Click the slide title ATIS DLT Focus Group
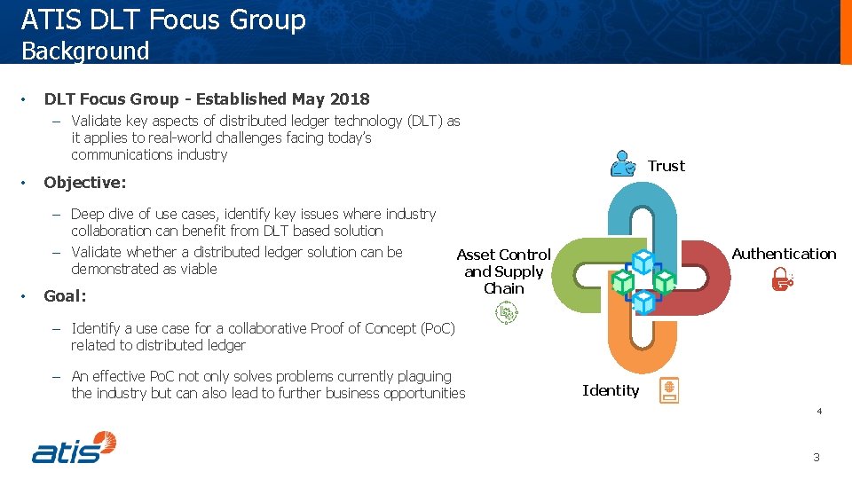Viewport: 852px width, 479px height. [x=163, y=20]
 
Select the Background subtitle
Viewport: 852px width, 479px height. [x=85, y=51]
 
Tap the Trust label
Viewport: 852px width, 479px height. [x=666, y=166]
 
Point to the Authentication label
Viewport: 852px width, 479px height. [x=784, y=254]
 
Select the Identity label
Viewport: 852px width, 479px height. [x=610, y=390]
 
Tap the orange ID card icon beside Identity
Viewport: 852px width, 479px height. [x=668, y=390]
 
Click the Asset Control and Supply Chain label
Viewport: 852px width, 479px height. [x=503, y=271]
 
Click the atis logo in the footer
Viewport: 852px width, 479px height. [x=75, y=447]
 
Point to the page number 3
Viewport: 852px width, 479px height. [x=816, y=458]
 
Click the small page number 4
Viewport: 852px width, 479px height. [x=818, y=411]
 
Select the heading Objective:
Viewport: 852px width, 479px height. [x=85, y=183]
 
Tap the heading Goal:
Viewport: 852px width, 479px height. [x=65, y=296]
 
